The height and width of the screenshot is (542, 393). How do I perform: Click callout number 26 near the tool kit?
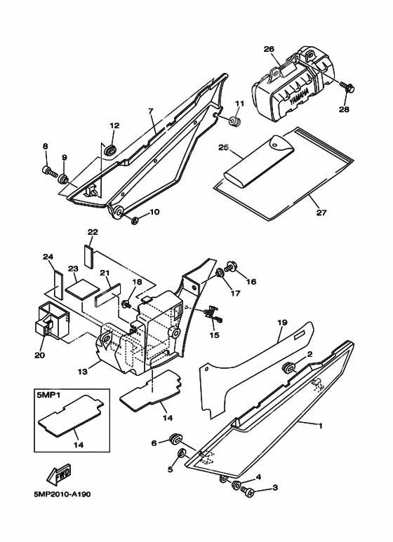point(268,48)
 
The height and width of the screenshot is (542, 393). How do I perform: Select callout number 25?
point(223,148)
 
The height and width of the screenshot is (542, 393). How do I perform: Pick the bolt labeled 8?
point(48,169)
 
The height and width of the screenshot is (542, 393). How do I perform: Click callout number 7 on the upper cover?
point(150,111)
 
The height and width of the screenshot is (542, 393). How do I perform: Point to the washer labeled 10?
point(135,222)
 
